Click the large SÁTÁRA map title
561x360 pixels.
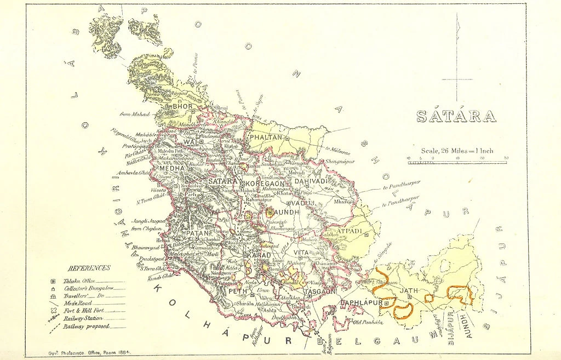[x=456, y=116]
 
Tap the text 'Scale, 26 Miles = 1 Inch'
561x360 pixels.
[x=457, y=151]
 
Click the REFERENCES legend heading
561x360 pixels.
[x=89, y=268]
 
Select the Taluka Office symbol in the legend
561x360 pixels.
[x=53, y=281]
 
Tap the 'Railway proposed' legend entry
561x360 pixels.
[x=87, y=326]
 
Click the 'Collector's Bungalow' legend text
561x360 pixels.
[x=89, y=288]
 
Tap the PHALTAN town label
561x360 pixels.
[x=266, y=138]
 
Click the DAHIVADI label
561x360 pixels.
[x=311, y=181]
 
